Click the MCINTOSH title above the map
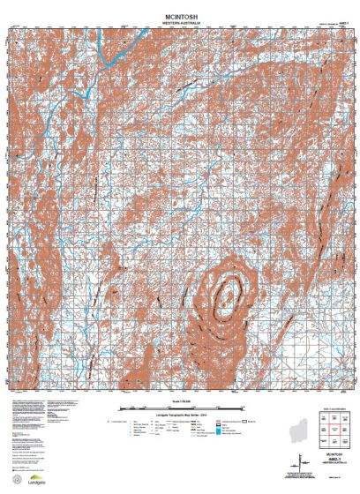click(180, 8)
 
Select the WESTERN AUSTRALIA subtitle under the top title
click(180, 15)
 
